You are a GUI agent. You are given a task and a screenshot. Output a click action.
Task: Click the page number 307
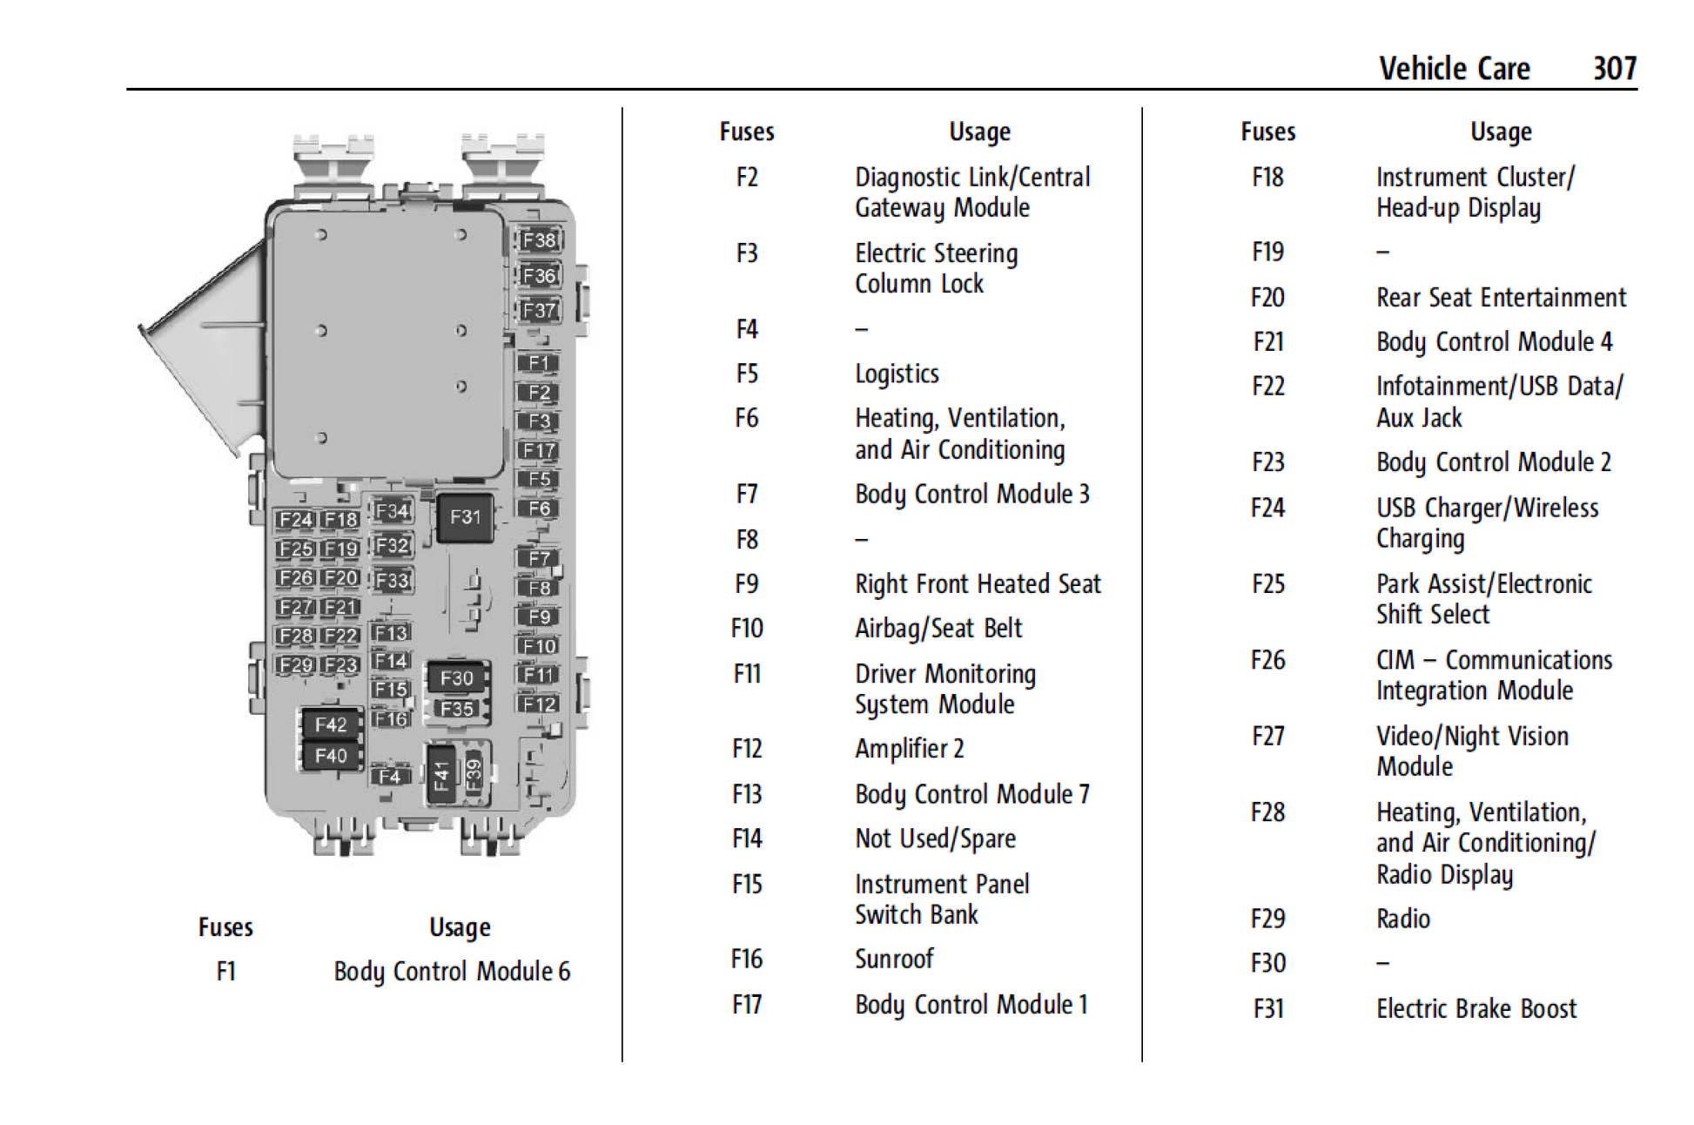pyautogui.click(x=1614, y=68)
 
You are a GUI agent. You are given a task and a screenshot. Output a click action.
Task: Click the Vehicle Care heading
pyautogui.click(x=1454, y=68)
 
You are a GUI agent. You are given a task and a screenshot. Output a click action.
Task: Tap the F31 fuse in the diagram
pyautogui.click(x=465, y=517)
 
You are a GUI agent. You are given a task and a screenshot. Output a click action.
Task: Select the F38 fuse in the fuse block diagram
pyautogui.click(x=539, y=240)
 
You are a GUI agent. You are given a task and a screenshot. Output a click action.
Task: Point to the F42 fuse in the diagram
pyautogui.click(x=331, y=724)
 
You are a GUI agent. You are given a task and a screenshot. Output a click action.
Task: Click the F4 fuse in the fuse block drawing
pyautogui.click(x=390, y=776)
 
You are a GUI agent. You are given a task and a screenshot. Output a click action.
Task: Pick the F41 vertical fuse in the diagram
pyautogui.click(x=440, y=774)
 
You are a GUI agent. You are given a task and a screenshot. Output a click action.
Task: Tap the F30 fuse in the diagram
pyautogui.click(x=457, y=677)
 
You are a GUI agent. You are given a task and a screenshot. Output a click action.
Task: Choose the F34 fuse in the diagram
pyautogui.click(x=392, y=511)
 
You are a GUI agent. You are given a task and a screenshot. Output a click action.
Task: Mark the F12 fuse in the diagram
pyautogui.click(x=539, y=704)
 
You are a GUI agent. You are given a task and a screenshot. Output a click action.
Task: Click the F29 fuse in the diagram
pyautogui.click(x=295, y=665)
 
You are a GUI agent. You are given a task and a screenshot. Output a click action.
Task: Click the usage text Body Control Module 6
pyautogui.click(x=452, y=971)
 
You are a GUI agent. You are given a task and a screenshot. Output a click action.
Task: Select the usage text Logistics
pyautogui.click(x=897, y=374)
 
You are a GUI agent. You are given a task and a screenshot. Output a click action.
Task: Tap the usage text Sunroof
pyautogui.click(x=894, y=959)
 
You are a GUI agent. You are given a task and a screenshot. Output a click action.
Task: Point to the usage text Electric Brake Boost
pyautogui.click(x=1476, y=1008)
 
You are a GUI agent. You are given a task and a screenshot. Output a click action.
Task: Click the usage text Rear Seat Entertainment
pyautogui.click(x=1501, y=298)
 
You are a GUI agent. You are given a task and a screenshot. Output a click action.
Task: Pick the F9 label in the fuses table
pyautogui.click(x=746, y=583)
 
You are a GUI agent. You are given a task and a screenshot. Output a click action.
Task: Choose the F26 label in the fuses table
pyautogui.click(x=1267, y=660)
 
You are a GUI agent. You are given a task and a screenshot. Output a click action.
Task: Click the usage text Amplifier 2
pyautogui.click(x=909, y=749)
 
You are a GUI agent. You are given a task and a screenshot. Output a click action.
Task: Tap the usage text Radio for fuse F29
pyautogui.click(x=1402, y=919)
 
